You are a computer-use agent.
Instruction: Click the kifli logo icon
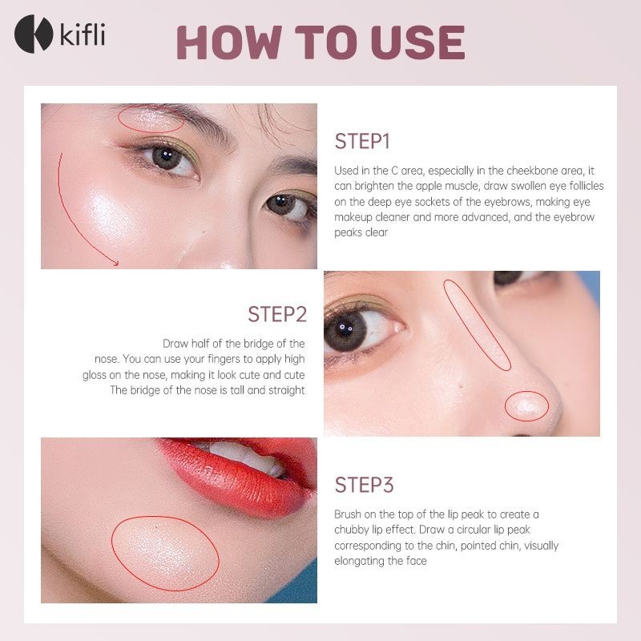pos(33,34)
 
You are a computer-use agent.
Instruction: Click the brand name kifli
pos(83,34)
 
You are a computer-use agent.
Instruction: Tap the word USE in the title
pos(418,42)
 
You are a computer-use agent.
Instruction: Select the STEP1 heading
pos(362,142)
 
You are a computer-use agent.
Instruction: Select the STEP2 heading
pos(277,314)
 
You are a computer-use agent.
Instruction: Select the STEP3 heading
pos(364,485)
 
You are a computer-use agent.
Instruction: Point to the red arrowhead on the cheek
pos(115,263)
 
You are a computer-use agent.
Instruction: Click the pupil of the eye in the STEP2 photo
pos(345,329)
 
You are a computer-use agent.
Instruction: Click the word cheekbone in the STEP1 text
pos(557,171)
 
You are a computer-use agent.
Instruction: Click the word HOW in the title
pos(229,42)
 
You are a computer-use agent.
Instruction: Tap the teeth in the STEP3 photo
pos(245,456)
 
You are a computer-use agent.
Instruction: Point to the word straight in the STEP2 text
pos(286,390)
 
